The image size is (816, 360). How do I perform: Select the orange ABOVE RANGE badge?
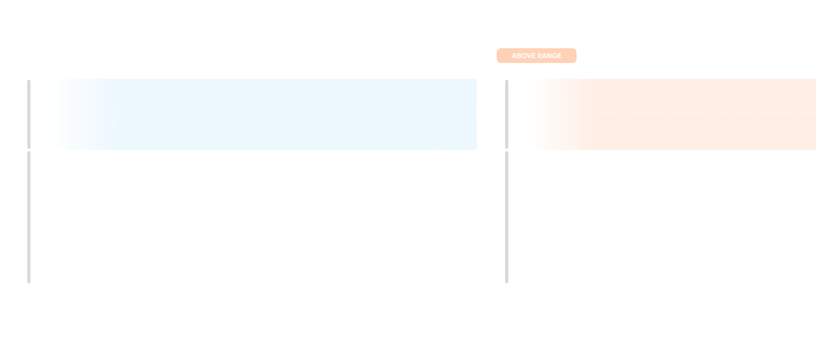pos(537,56)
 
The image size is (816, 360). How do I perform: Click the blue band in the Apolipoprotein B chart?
pos(263,131)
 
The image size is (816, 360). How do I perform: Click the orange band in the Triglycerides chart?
pos(683,131)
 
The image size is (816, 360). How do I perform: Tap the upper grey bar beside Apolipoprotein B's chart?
pos(29,114)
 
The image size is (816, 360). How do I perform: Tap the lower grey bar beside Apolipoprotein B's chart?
pos(29,217)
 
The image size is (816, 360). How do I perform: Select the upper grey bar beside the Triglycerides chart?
pos(507,114)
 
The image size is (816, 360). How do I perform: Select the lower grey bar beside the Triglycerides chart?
pos(507,217)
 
